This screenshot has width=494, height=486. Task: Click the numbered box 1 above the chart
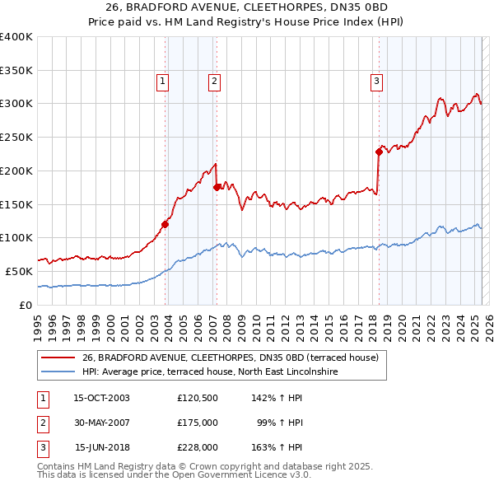tap(163, 81)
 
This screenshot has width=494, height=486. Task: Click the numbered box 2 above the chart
tap(213, 81)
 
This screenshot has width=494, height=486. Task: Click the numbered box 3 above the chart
tap(376, 81)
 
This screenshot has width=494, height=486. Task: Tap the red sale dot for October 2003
tap(165, 223)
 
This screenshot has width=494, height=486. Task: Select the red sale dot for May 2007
tap(217, 187)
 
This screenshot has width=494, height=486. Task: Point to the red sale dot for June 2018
tap(379, 152)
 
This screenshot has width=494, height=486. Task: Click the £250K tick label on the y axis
tap(16, 137)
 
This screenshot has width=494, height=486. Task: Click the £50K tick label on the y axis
tap(20, 271)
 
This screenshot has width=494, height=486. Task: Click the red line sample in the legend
tap(58, 357)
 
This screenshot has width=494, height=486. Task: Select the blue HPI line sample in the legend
tap(58, 372)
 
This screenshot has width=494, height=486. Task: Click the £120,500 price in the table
tap(197, 397)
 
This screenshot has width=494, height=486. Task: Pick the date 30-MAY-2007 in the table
tap(102, 423)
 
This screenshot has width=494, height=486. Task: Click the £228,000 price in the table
tap(197, 448)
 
